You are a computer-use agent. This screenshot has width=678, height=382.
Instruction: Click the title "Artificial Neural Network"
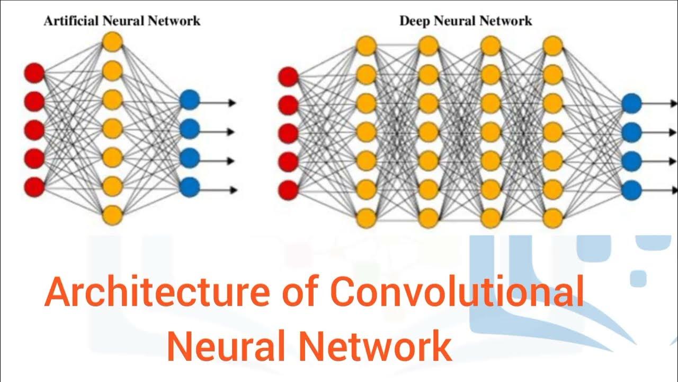(x=122, y=21)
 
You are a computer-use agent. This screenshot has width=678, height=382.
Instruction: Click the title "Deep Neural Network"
(x=465, y=21)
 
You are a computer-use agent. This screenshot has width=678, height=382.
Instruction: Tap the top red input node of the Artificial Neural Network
(x=34, y=73)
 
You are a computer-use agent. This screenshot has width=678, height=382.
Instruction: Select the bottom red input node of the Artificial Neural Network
(x=34, y=187)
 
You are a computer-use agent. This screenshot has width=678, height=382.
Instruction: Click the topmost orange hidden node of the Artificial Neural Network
(x=112, y=41)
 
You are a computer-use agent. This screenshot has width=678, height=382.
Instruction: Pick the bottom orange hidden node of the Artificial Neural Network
(x=112, y=215)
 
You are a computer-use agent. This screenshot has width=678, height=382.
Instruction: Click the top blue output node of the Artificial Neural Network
(x=189, y=100)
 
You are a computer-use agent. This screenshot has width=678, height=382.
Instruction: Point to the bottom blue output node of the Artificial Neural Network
(x=189, y=186)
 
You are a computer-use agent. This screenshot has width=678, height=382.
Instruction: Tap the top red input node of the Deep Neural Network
(x=288, y=77)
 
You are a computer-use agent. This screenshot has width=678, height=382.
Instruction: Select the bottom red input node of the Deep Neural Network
(x=288, y=190)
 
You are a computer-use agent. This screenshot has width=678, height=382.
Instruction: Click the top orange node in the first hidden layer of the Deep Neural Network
(x=365, y=45)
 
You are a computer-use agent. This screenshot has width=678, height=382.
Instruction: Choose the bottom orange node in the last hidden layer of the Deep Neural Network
(x=552, y=217)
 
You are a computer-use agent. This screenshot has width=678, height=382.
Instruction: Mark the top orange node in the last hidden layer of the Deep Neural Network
(x=552, y=45)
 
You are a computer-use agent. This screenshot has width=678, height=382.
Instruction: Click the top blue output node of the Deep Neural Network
(x=631, y=103)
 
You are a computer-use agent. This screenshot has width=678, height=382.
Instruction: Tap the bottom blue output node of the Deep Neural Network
(x=631, y=189)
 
